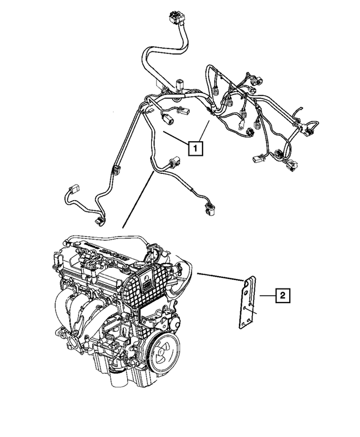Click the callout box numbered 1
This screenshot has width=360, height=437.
(x=195, y=148)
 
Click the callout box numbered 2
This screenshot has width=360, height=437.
(x=282, y=294)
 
